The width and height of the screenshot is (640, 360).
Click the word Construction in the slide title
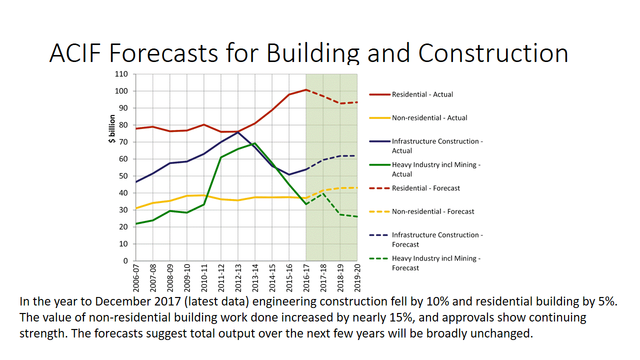(493, 53)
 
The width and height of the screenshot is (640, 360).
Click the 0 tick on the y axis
(125, 261)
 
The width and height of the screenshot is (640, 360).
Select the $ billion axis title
(112, 128)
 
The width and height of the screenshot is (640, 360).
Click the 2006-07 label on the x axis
(136, 277)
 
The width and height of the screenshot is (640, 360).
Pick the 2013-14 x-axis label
(255, 277)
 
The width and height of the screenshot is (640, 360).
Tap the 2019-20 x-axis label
(357, 277)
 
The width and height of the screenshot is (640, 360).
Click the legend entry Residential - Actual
(422, 94)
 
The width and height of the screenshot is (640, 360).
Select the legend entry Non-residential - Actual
(429, 118)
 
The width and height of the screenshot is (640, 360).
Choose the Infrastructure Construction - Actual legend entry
(437, 146)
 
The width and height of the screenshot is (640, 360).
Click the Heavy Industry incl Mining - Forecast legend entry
(436, 263)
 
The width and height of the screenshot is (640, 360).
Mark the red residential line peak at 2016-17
(306, 90)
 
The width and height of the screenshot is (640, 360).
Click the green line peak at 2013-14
(255, 143)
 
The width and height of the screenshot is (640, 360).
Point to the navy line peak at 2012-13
(238, 132)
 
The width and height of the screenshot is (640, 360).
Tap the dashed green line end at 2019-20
(357, 216)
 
